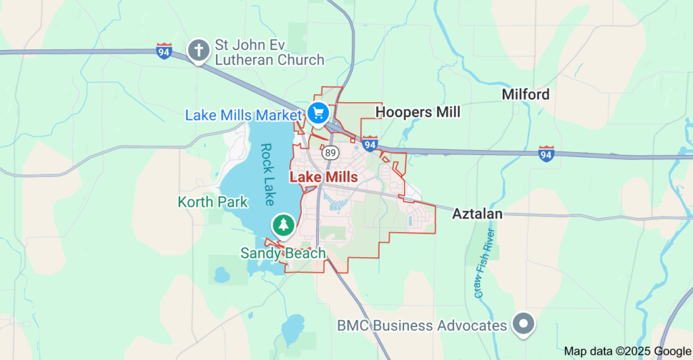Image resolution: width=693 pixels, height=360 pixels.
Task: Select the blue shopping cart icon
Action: point(317,112)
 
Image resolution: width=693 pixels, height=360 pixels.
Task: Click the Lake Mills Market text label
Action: point(242,115)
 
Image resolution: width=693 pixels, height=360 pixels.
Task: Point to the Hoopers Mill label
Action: point(418,112)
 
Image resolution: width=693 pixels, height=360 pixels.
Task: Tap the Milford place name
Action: point(525,94)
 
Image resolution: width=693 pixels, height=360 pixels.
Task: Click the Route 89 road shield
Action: point(330,153)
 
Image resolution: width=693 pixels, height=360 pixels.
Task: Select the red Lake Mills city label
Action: point(323,177)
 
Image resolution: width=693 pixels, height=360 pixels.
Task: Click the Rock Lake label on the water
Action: point(267,174)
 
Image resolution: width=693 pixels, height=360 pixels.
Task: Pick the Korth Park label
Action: point(213,202)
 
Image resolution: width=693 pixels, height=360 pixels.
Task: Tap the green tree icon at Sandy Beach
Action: point(283,225)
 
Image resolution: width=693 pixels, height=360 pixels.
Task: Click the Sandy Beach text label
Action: point(283,253)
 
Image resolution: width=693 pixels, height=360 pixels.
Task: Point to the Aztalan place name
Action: point(477,214)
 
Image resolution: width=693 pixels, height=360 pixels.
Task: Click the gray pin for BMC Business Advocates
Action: point(523,324)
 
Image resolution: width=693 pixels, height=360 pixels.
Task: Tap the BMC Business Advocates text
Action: point(422,325)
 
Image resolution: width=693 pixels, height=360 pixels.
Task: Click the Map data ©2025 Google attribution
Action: point(627,351)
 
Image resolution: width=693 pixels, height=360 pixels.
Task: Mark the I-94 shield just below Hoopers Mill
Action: point(369,143)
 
